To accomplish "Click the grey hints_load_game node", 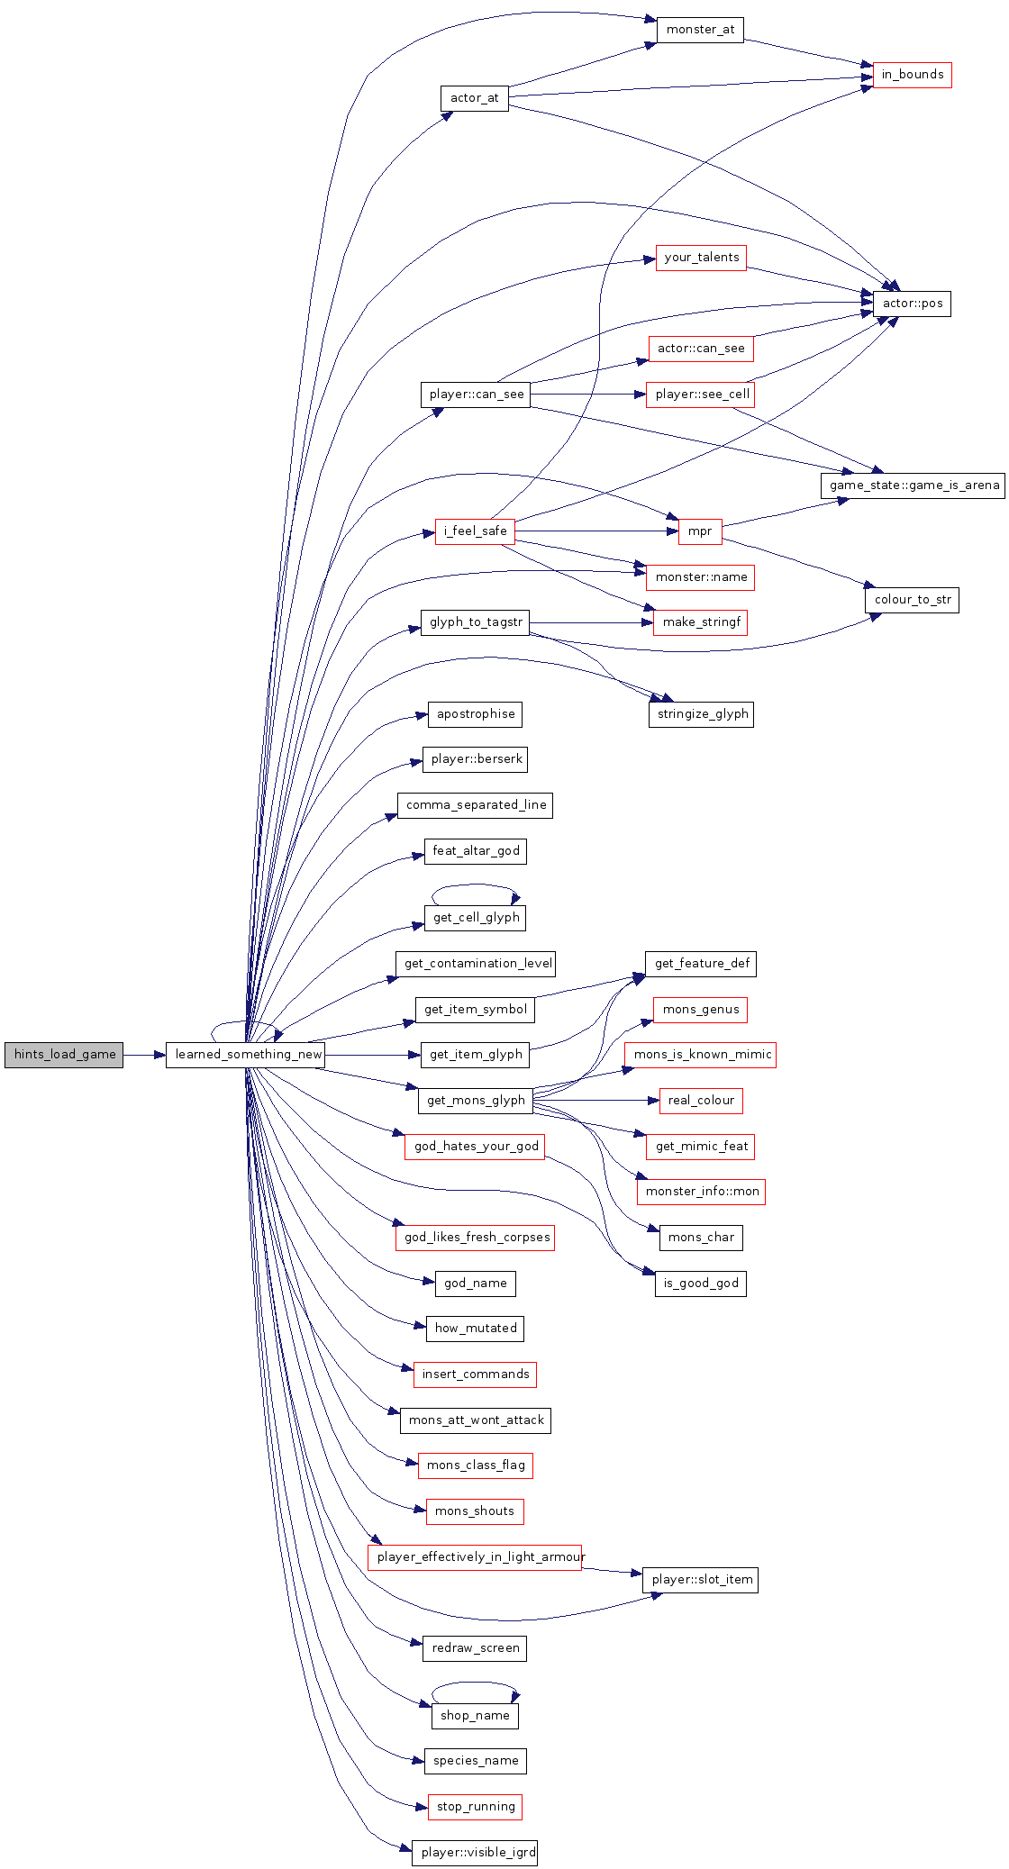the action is click(64, 1055).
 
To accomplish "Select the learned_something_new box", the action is click(245, 1055).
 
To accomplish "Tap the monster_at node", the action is click(700, 30).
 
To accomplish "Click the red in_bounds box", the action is click(912, 75).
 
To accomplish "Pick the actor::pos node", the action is click(912, 304).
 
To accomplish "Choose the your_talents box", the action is click(701, 258).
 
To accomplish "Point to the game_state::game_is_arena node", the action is click(914, 485).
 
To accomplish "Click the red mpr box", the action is click(700, 531).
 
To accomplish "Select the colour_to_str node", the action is click(912, 600).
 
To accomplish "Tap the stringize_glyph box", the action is click(701, 714).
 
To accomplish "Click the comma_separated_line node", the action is click(475, 805).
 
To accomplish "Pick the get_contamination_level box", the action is click(476, 964).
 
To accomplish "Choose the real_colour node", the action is click(701, 1101).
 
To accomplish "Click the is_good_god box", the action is click(701, 1284).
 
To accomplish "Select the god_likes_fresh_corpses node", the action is click(475, 1238).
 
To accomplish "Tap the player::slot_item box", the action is click(700, 1580).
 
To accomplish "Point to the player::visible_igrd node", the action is click(475, 1853).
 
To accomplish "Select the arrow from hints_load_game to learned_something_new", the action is click(144, 1055).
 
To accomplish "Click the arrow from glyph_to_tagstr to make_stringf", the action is click(591, 622).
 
